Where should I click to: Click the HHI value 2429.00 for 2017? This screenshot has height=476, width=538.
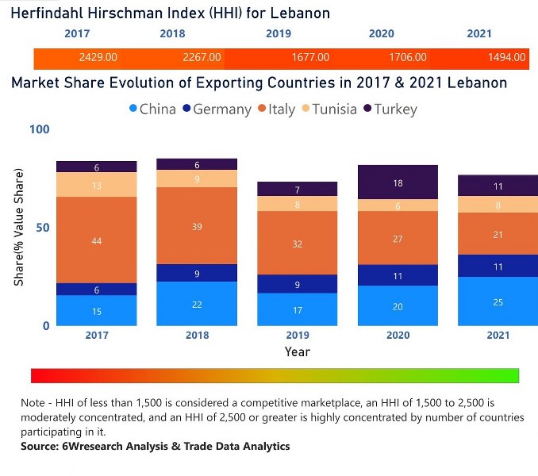coord(98,58)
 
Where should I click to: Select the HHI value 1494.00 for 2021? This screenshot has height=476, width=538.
coord(507,58)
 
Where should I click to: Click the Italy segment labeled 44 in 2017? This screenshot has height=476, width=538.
coord(96,240)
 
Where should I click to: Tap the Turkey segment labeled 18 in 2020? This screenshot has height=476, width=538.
coord(398,182)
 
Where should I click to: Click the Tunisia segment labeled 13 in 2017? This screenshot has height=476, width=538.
coord(96,185)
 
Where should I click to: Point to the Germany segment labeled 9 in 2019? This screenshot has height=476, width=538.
coord(297,284)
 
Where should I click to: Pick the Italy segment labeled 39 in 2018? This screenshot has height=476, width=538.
coord(197,226)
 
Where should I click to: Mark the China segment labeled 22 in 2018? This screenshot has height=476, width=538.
coord(197,304)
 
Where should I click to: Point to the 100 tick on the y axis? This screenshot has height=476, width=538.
coord(39,130)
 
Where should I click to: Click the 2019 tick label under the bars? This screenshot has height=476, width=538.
coord(297,336)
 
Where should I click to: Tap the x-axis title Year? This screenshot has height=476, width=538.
coord(297,351)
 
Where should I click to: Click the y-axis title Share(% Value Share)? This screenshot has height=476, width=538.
coord(18,228)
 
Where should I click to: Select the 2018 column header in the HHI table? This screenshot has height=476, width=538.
coord(172,34)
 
